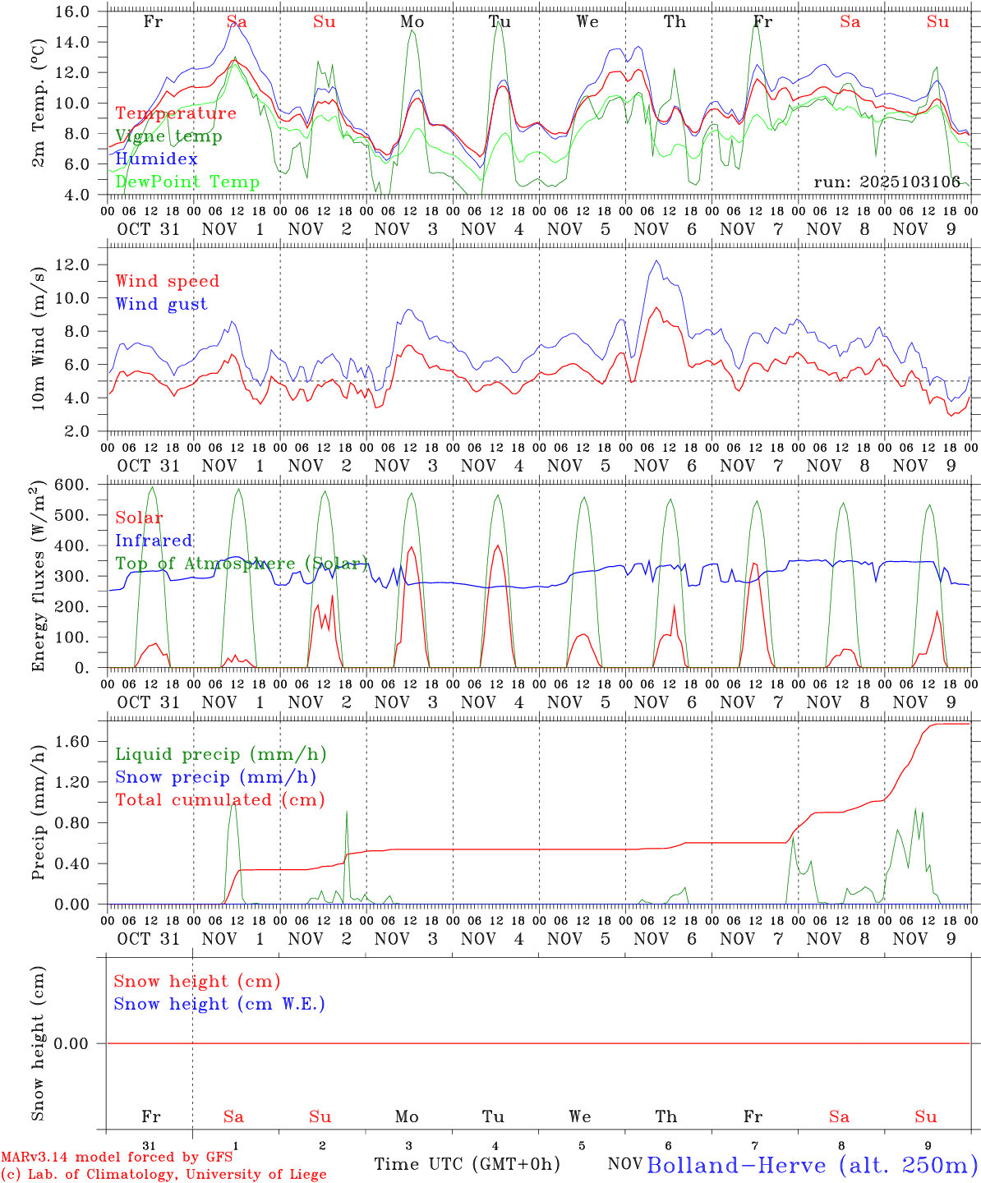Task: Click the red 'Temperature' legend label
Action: click(176, 113)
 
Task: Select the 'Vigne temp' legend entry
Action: click(168, 136)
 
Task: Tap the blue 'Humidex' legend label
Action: click(156, 159)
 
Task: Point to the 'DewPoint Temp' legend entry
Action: click(187, 182)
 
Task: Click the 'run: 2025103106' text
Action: click(887, 182)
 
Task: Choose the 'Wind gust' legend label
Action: click(161, 304)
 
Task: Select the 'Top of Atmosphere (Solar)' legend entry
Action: click(241, 564)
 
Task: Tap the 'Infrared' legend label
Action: click(154, 541)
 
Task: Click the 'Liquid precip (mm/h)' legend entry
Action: click(220, 754)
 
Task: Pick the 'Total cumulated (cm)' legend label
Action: click(219, 799)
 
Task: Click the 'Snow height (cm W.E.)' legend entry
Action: click(219, 1004)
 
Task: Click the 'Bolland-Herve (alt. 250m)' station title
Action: click(812, 1165)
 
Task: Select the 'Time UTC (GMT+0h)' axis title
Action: click(467, 1164)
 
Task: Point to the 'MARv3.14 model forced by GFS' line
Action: click(117, 1157)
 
